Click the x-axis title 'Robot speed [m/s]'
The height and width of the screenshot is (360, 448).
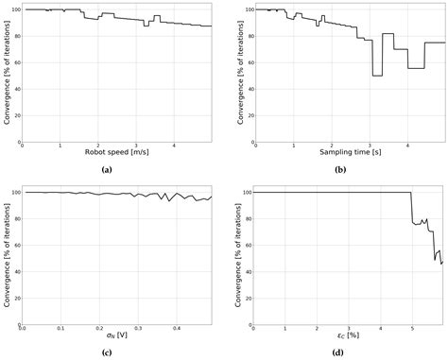pos(116,151)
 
